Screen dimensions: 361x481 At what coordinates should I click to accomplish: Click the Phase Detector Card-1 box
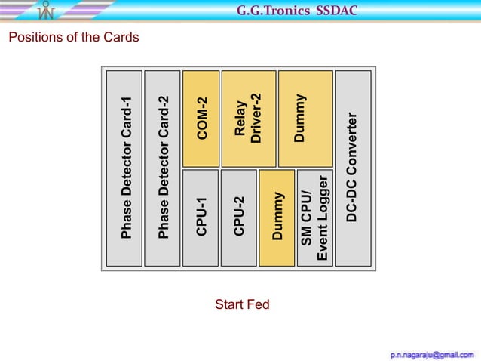124,168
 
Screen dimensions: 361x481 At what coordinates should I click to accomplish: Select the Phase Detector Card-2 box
162,168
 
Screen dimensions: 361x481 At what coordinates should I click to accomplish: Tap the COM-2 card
201,119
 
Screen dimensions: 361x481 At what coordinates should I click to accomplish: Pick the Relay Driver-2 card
248,119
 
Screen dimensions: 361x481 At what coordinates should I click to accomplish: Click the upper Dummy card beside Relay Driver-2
305,119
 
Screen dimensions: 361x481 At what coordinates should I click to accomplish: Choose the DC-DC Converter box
353,168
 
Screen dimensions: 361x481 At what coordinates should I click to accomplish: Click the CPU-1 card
201,218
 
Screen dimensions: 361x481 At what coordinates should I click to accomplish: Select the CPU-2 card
238,218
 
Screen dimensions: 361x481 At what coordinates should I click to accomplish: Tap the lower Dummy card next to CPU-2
277,218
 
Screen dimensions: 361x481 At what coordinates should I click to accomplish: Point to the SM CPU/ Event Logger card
315,218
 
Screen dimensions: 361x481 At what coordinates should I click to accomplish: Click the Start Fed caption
242,305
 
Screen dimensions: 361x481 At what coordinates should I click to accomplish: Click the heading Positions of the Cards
73,37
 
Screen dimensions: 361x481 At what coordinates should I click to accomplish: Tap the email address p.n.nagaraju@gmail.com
432,353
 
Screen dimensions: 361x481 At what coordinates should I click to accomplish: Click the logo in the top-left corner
47,10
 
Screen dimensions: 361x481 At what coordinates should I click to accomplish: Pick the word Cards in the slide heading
121,37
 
